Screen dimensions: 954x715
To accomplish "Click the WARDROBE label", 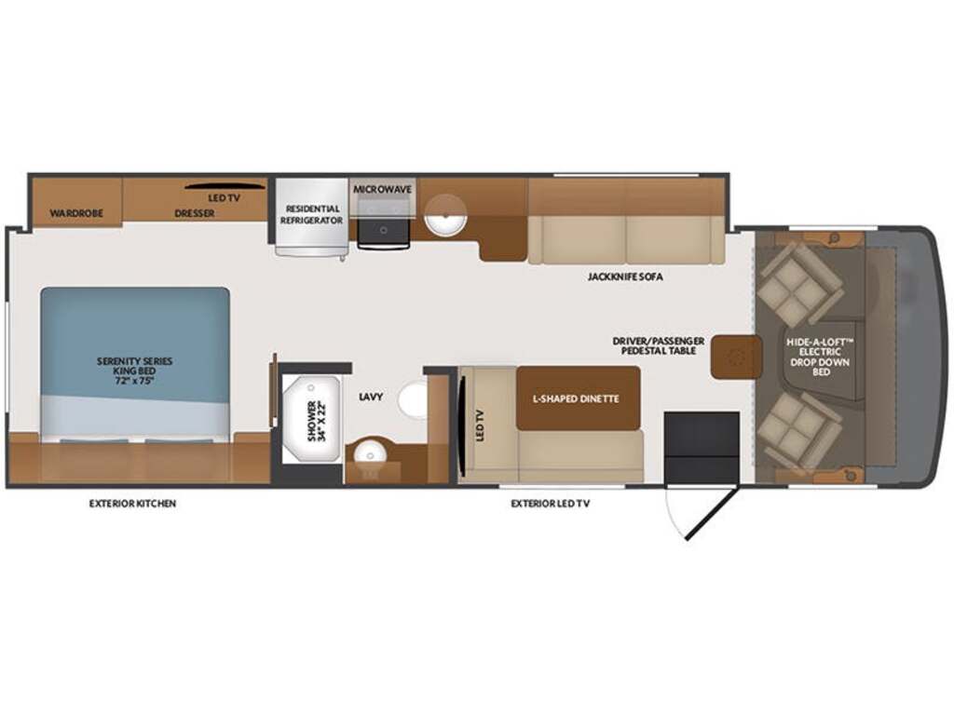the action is tap(76, 213).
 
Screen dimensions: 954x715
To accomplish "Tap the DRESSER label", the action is tap(194, 213).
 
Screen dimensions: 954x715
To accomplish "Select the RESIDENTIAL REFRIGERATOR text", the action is tap(311, 215).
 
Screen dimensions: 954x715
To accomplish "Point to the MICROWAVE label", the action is tap(383, 189).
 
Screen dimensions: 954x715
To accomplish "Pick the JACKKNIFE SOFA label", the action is tap(625, 277).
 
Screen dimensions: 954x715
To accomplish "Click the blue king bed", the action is tap(135, 364).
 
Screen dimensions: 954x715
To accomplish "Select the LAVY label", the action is tap(371, 397).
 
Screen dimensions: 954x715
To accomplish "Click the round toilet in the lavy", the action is tap(413, 400).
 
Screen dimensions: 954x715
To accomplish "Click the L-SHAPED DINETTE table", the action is tap(578, 398).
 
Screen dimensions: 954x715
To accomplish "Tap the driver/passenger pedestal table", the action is tap(737, 357).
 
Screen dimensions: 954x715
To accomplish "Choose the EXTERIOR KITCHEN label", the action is tap(132, 504).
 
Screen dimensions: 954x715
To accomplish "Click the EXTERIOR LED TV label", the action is tap(550, 504).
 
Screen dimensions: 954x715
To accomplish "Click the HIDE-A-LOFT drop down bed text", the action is tap(820, 357).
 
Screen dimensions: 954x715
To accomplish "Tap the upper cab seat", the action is tap(800, 284).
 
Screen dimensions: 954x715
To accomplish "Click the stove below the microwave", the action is tap(383, 232).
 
